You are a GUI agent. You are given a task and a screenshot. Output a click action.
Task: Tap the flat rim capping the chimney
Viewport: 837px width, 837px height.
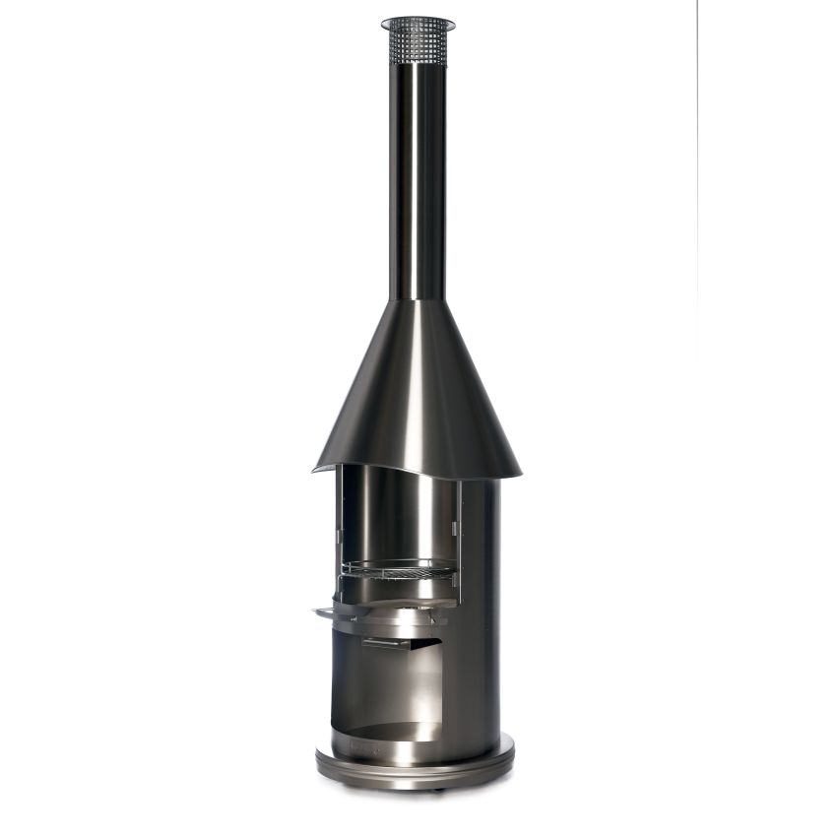(418, 23)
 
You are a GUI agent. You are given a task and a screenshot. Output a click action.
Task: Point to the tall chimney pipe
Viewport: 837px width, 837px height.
(417, 177)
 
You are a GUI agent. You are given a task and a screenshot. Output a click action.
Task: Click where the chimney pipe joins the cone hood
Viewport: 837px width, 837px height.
(417, 300)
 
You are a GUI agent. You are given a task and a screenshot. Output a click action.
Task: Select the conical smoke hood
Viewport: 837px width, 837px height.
(417, 394)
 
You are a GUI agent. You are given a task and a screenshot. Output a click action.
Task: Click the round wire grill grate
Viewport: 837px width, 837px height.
(399, 569)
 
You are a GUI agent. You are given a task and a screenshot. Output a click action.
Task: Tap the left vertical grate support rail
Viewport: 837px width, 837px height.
(338, 532)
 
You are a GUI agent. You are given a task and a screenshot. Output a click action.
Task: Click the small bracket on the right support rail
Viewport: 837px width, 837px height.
(456, 529)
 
